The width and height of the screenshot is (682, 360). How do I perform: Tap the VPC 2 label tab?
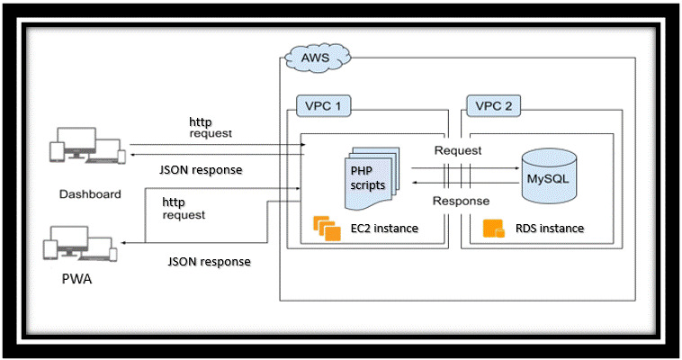pos(493,105)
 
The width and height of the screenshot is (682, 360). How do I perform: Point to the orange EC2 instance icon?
pos(326,229)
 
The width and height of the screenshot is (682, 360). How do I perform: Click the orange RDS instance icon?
pos(494,229)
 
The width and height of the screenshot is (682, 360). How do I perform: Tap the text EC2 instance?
pos(384,229)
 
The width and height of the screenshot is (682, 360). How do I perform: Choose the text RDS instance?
pos(550,229)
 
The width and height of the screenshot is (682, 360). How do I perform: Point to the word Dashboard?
pos(90,193)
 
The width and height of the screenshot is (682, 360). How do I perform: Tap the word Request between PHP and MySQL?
pos(458,150)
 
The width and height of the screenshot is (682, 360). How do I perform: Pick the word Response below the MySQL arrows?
pos(461,201)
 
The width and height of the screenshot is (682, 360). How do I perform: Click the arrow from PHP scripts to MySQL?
pos(465,167)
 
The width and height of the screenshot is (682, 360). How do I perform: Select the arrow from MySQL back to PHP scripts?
pos(465,182)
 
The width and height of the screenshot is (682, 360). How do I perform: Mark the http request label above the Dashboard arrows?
pos(210,127)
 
